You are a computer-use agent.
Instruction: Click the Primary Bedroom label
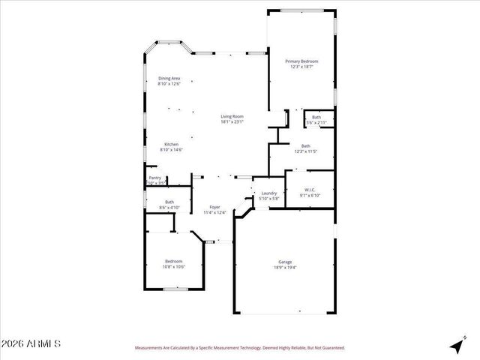(x=301, y=61)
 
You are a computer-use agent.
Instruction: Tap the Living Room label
(x=232, y=116)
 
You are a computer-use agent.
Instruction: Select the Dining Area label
(x=169, y=78)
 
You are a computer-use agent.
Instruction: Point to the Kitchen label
(x=171, y=144)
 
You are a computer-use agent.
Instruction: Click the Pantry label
(x=154, y=178)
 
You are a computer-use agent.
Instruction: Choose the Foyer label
(x=215, y=207)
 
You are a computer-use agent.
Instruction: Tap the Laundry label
(x=268, y=193)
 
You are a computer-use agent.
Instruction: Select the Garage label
(x=286, y=262)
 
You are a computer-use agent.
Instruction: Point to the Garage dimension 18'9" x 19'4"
(x=286, y=268)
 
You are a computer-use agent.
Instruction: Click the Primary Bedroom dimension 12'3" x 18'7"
(x=301, y=67)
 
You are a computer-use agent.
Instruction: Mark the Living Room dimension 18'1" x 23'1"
(x=232, y=122)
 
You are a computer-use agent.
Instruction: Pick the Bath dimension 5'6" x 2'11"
(x=316, y=122)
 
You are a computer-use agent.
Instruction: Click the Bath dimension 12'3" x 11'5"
(x=305, y=151)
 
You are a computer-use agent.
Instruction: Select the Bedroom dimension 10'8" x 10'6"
(x=174, y=266)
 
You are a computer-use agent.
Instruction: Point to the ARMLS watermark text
(x=31, y=344)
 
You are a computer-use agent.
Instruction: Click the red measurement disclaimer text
(x=239, y=348)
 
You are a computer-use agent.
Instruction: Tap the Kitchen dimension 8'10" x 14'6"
(x=171, y=150)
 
